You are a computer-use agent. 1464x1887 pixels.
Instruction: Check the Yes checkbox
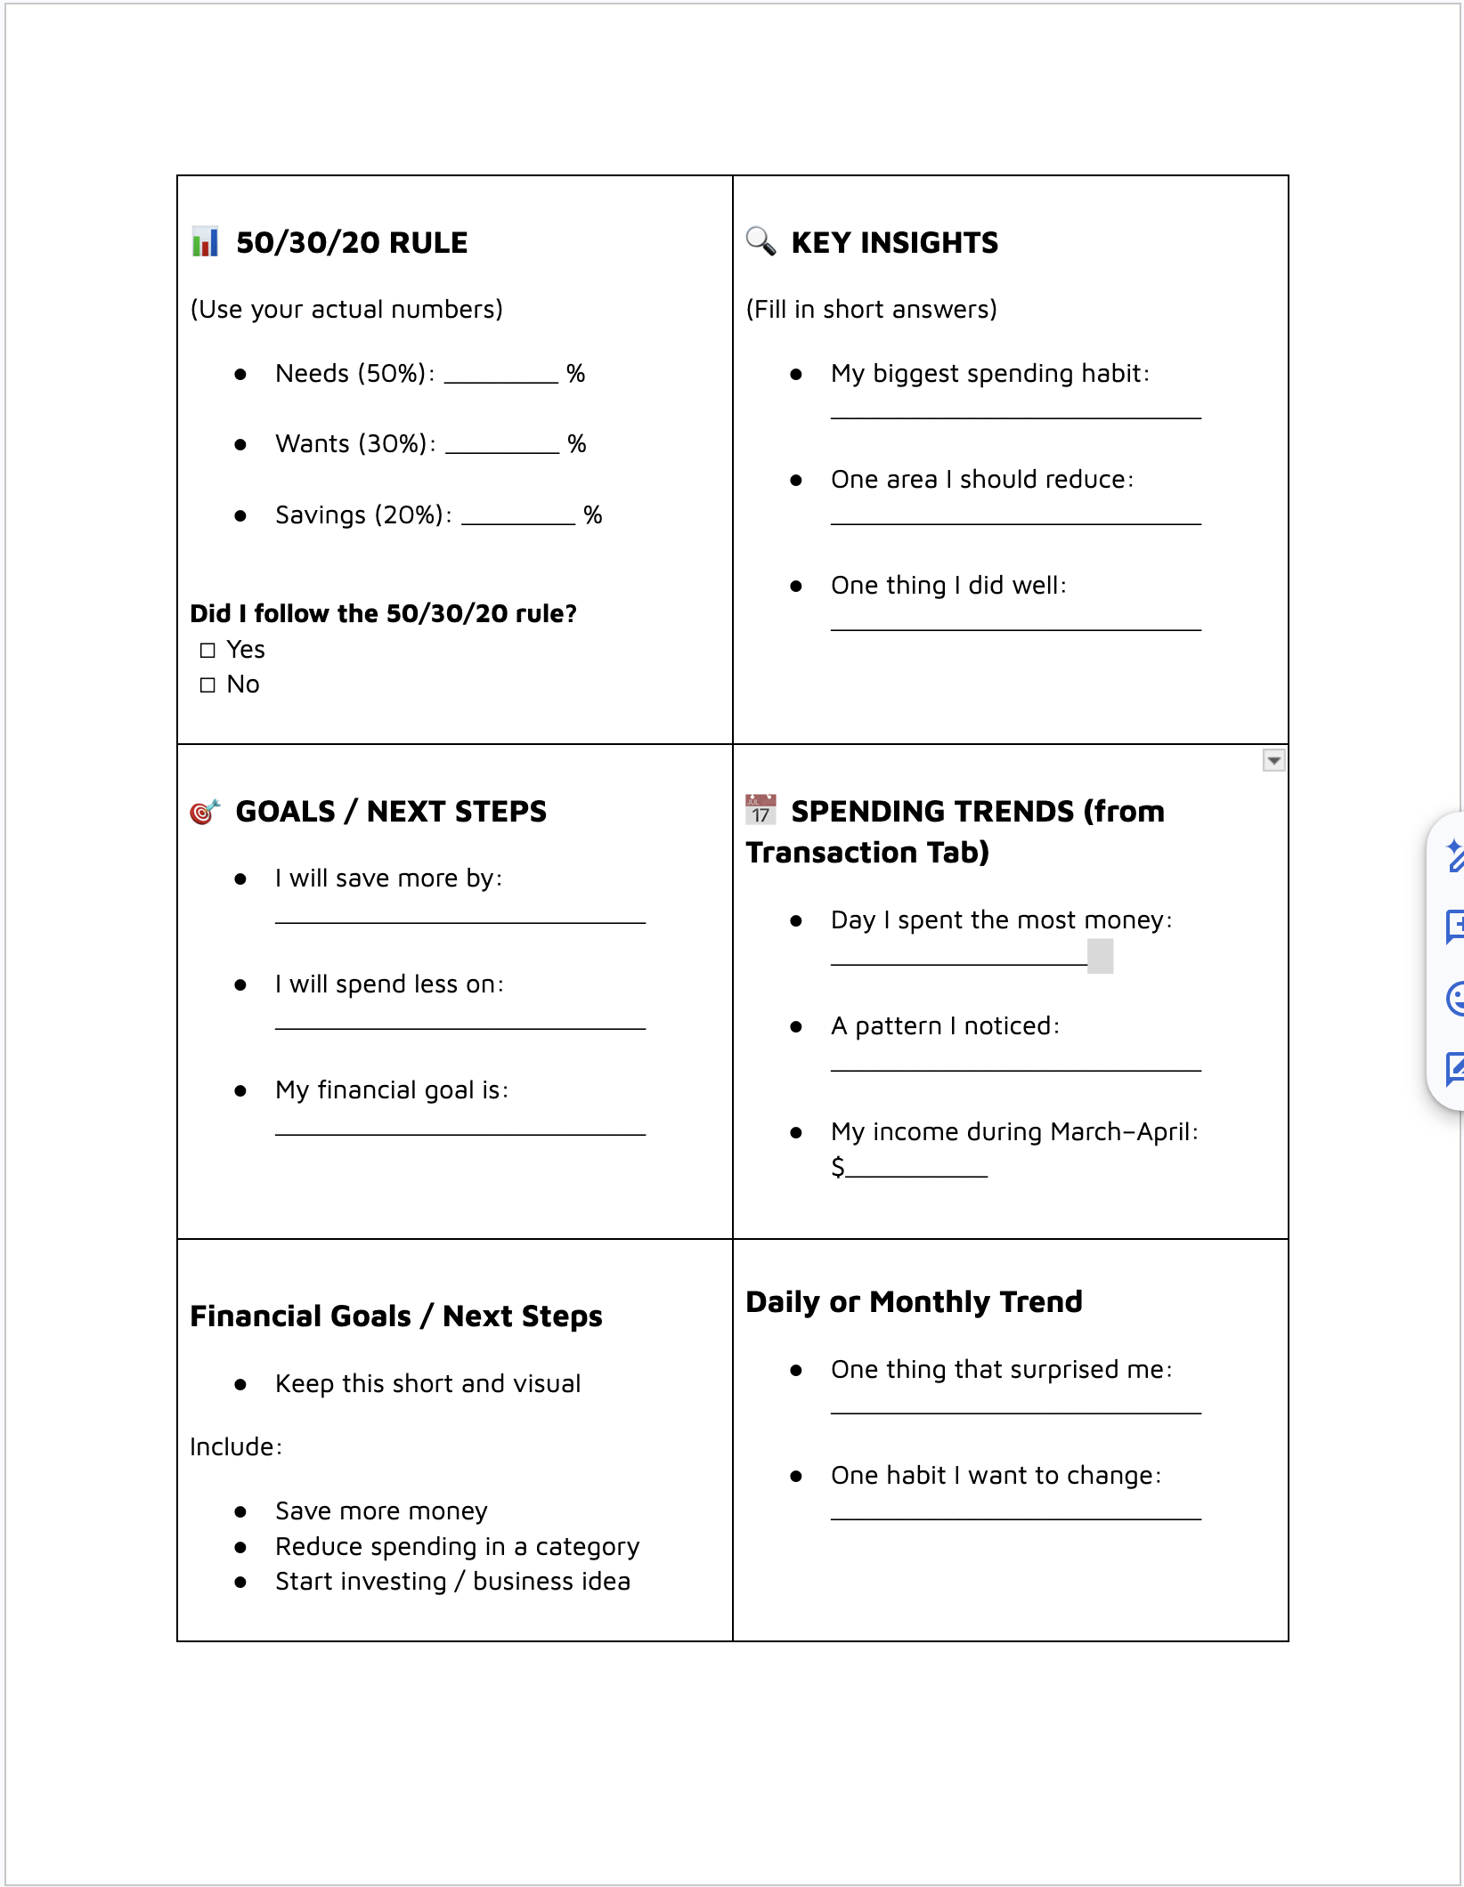pos(207,651)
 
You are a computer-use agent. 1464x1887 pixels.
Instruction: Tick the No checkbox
pos(207,685)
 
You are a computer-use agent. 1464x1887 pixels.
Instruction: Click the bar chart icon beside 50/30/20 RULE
pos(206,242)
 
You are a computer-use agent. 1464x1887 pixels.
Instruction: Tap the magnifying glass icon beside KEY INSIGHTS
pos(760,241)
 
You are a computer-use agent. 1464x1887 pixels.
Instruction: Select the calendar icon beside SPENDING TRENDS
pos(760,810)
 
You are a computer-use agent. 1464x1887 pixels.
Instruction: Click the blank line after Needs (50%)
pos(500,377)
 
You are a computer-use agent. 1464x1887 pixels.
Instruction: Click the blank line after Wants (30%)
pos(501,448)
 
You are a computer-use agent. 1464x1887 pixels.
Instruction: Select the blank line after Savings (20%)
pos(518,519)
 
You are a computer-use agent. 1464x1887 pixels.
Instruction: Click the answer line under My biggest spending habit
pos(1015,415)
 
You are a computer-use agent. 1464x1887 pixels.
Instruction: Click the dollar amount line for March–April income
pos(917,1172)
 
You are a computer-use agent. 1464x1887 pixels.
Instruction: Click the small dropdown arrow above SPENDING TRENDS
pos(1273,761)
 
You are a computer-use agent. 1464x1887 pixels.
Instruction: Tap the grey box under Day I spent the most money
pos(1101,957)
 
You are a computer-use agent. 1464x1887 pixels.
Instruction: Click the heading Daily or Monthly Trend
pos(914,1302)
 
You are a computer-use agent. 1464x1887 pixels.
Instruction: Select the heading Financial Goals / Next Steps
pos(396,1316)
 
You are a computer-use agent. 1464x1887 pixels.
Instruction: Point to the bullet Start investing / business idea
pos(452,1582)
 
